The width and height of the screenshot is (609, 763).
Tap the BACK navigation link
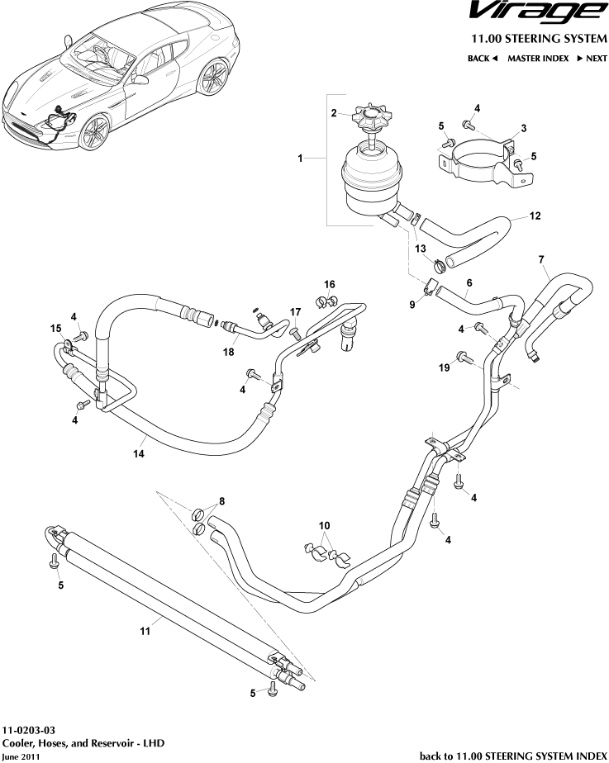click(483, 59)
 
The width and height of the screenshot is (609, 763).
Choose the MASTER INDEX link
click(537, 59)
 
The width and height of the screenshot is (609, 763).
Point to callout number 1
click(300, 157)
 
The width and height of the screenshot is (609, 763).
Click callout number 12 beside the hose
click(535, 217)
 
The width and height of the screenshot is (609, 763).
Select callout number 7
click(541, 261)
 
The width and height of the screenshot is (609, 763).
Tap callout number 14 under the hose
click(138, 453)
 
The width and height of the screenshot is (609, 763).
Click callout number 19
click(443, 367)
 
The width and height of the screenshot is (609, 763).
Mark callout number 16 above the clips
click(329, 284)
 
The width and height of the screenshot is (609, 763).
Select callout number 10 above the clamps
click(324, 525)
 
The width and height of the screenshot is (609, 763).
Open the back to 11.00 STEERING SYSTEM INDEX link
click(513, 755)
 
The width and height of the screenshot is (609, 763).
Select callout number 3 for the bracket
click(522, 129)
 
